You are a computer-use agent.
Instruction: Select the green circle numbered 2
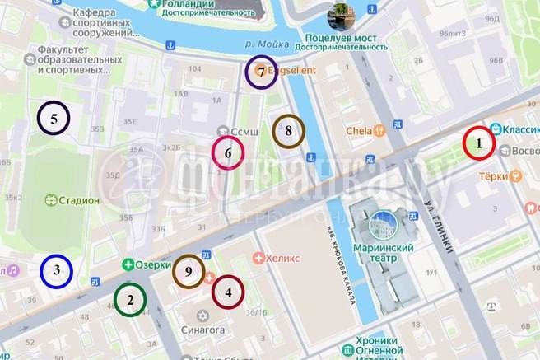click(129, 300)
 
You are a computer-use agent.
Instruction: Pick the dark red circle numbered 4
click(228, 291)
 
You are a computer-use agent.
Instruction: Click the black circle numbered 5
click(54, 119)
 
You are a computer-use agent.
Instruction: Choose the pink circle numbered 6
click(228, 152)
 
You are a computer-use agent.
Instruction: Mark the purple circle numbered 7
click(261, 72)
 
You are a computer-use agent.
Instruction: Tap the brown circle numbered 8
click(288, 130)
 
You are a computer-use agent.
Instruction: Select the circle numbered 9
click(189, 271)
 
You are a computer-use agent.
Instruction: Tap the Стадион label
click(79, 200)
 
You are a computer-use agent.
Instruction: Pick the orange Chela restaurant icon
click(379, 130)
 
